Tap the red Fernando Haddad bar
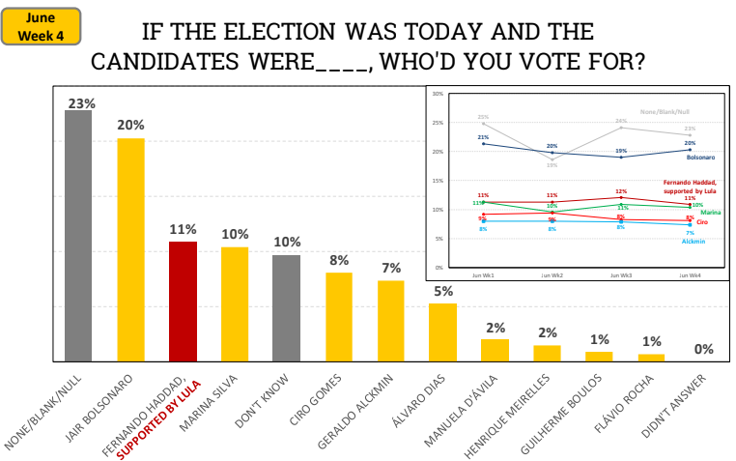(x=183, y=301)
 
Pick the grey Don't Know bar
(x=286, y=307)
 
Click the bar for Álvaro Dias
(x=442, y=331)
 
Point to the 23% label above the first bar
(x=78, y=101)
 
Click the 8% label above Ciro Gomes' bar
(x=338, y=260)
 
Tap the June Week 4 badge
(x=41, y=26)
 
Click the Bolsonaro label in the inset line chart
(x=700, y=157)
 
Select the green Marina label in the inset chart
(x=710, y=212)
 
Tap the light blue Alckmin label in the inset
(x=693, y=241)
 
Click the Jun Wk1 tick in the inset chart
(x=483, y=274)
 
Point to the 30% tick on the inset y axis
(x=438, y=95)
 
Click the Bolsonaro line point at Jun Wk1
(x=483, y=144)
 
